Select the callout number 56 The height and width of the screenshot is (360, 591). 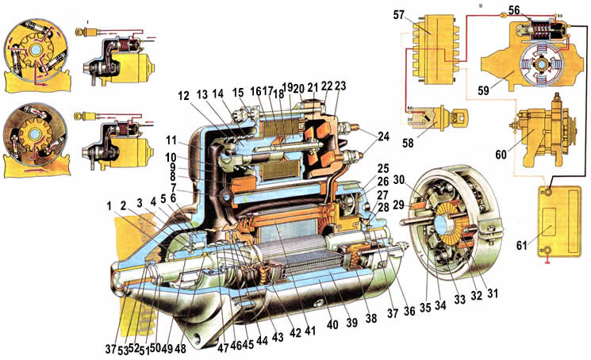tap(514, 11)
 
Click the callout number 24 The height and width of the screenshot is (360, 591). tap(383, 136)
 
